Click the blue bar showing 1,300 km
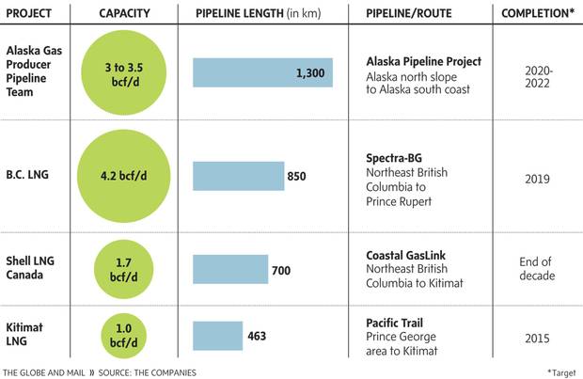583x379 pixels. pos(262,72)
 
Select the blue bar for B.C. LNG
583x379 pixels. pos(238,176)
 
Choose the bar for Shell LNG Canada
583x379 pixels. pos(229,269)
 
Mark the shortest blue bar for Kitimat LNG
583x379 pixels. pos(217,335)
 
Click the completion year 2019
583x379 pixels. pos(538,176)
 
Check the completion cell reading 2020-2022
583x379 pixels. pos(538,72)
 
